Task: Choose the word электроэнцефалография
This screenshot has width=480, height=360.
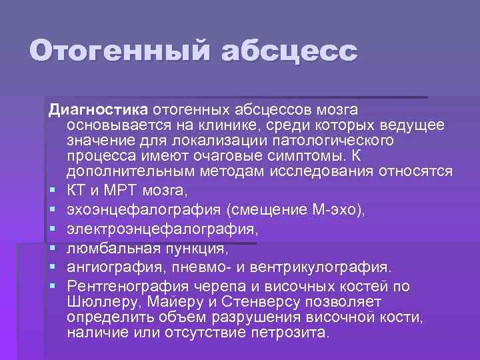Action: click(x=160, y=229)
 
